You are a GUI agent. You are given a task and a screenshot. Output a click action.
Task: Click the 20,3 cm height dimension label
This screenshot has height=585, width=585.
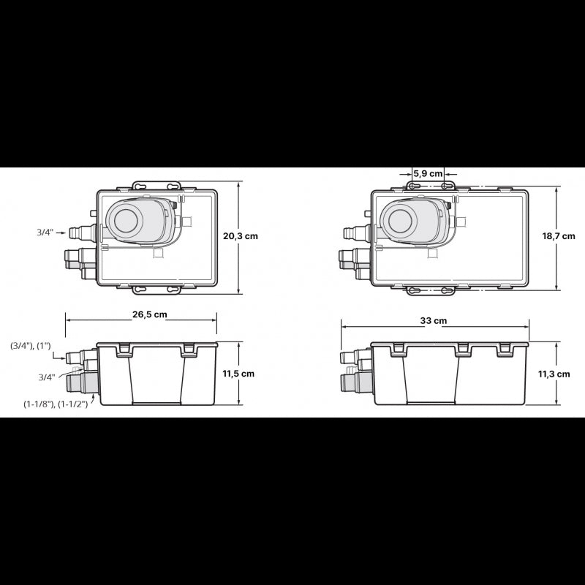click(x=241, y=236)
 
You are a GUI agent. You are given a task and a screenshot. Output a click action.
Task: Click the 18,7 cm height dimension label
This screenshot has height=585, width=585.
click(x=558, y=236)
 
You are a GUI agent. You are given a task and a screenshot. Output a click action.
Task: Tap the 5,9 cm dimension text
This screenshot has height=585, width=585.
click(x=428, y=173)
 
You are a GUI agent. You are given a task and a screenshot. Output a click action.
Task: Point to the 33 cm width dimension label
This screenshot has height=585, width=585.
click(x=434, y=321)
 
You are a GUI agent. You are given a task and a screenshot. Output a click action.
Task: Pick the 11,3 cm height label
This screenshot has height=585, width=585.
click(x=554, y=374)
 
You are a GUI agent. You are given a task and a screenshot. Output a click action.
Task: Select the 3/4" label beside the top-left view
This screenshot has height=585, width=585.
click(x=45, y=233)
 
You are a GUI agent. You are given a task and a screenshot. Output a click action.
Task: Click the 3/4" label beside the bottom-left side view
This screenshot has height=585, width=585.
click(x=46, y=377)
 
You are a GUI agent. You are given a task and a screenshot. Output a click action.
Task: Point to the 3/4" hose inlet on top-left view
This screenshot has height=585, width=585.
click(x=74, y=233)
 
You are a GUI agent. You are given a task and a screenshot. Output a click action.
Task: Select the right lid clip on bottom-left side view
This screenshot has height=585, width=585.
click(x=189, y=350)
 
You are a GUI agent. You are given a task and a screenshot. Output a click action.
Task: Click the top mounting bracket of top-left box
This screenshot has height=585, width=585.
click(x=156, y=187)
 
